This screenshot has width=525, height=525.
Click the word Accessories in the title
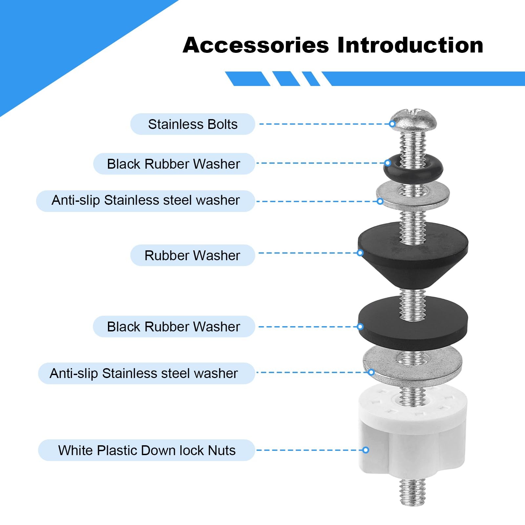[x=256, y=45]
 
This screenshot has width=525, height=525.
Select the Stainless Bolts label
[x=193, y=124]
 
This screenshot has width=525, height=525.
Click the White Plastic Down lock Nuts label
[x=147, y=450]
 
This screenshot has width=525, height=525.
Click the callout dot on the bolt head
[x=392, y=124]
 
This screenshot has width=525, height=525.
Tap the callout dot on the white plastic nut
[x=366, y=450]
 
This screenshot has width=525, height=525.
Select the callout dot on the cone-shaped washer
[x=360, y=253]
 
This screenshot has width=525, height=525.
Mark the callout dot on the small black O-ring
[x=388, y=163]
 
